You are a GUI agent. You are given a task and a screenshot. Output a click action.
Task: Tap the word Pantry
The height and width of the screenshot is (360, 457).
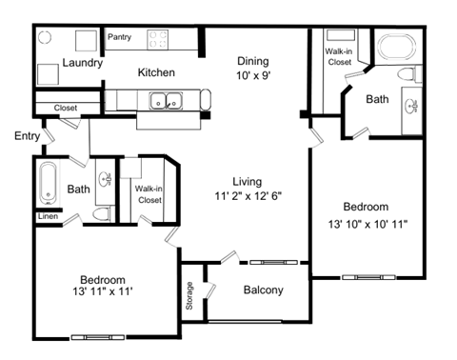coord(119,38)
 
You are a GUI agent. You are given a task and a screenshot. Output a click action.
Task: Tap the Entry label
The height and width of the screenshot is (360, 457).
coord(27,136)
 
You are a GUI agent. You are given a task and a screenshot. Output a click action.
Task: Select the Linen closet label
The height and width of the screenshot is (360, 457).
coord(48,217)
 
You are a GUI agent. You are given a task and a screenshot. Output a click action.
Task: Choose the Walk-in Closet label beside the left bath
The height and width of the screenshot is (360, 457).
coord(149,194)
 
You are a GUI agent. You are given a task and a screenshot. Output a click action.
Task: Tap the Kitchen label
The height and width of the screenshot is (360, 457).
coord(155,72)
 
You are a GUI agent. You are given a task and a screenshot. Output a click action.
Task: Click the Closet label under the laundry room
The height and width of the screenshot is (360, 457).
coord(66,108)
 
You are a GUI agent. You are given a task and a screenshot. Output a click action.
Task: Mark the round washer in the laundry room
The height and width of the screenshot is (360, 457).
coord(46,41)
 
